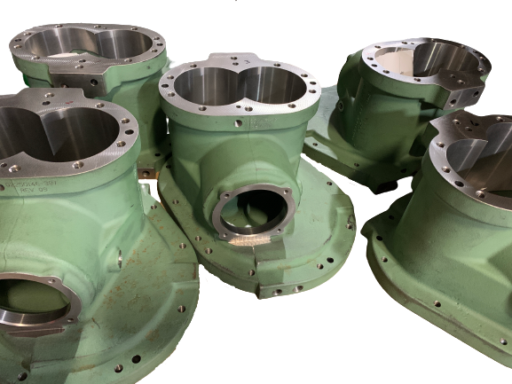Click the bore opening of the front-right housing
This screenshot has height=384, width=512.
479,151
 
